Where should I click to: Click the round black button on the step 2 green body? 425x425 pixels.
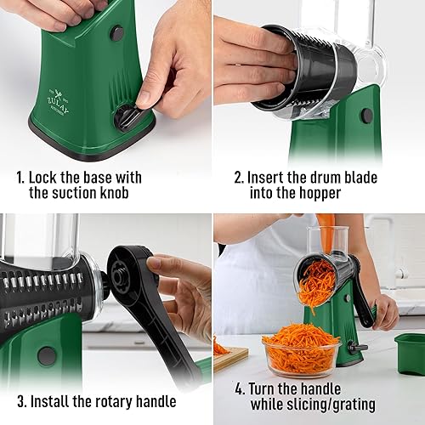pos(366,116)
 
